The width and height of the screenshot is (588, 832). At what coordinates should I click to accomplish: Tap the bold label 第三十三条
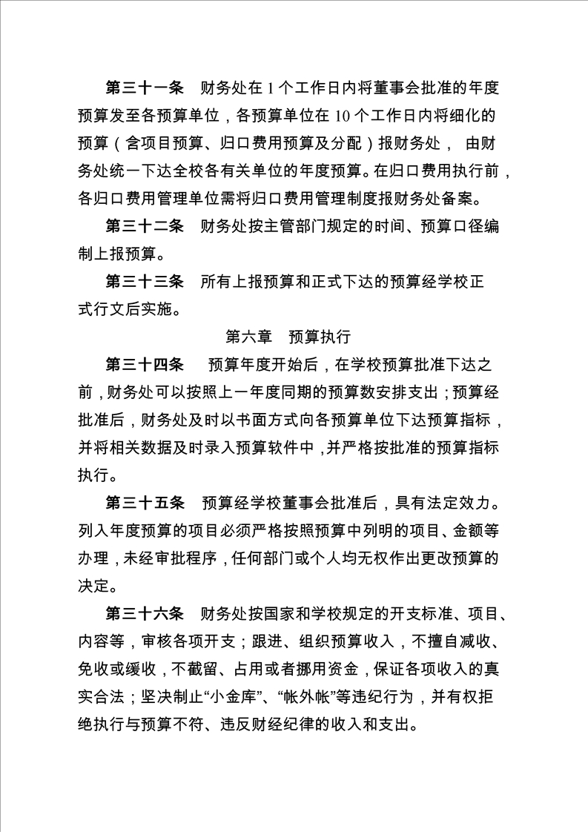(x=145, y=282)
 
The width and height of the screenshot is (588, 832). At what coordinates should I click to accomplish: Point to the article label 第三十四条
(x=145, y=365)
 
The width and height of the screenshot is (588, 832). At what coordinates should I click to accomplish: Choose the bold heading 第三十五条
(x=145, y=503)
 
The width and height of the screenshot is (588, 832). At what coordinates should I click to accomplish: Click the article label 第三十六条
(x=145, y=613)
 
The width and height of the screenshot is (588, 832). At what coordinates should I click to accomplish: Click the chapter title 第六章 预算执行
(x=288, y=337)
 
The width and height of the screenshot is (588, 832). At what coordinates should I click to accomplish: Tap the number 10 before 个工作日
(x=342, y=116)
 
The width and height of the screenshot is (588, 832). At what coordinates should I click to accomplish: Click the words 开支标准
(x=392, y=613)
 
